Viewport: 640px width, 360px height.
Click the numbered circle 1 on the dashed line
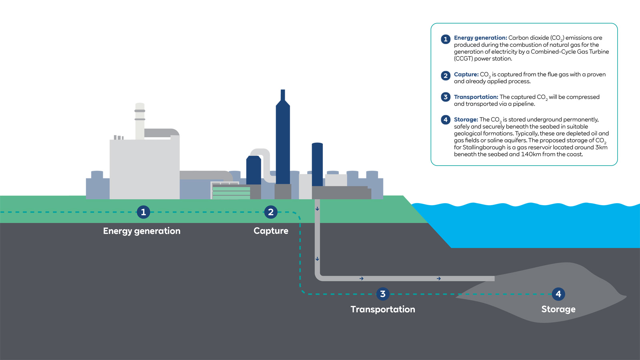(143, 212)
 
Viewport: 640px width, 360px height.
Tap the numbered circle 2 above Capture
(271, 212)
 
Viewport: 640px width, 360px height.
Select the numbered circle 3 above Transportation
(383, 294)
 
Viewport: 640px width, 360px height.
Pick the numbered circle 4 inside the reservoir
(558, 294)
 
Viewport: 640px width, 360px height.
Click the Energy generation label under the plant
(142, 231)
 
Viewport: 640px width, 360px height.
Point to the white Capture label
(271, 231)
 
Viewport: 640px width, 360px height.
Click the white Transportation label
(383, 309)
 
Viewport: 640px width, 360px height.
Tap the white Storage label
(558, 309)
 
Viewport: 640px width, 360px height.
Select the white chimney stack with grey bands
(140, 120)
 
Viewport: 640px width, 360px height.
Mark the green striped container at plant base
(231, 192)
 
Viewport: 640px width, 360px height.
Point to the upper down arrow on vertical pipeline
(317, 209)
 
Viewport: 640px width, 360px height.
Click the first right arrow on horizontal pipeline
(362, 278)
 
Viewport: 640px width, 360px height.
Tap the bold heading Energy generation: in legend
(480, 38)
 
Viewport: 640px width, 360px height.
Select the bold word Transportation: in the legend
(476, 97)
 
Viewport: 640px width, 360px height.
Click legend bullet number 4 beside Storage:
(446, 120)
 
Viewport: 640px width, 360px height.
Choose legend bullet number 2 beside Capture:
(446, 76)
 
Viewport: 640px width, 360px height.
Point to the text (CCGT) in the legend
(463, 58)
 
